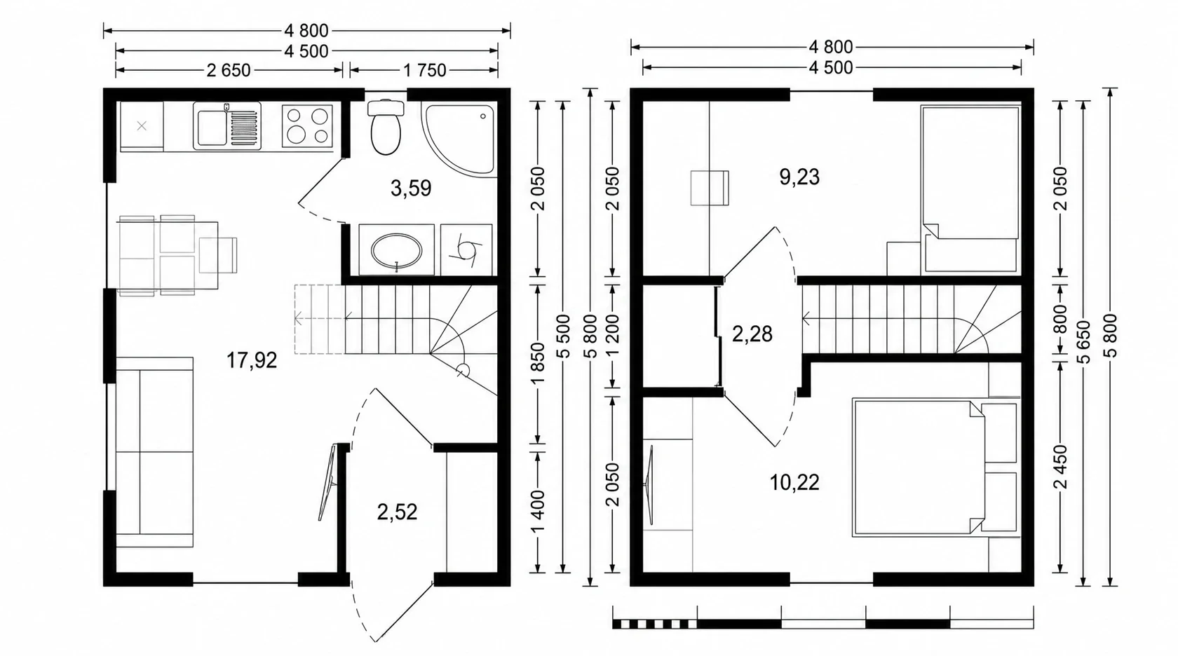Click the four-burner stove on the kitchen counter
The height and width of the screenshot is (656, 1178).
(307, 125)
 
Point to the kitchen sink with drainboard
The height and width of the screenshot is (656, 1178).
(227, 125)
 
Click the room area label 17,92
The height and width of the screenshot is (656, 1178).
(251, 360)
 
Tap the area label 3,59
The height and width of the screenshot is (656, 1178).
(411, 188)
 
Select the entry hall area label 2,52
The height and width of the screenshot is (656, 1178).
(397, 512)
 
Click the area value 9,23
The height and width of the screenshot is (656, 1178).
(799, 177)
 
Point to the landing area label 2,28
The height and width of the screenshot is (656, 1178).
(752, 334)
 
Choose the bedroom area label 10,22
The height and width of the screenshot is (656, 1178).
(794, 482)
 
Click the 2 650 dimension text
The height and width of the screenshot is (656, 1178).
(229, 70)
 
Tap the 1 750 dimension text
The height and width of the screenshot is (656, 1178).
(424, 70)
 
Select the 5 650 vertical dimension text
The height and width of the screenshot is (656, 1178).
(1083, 342)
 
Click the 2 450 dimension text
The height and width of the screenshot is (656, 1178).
(1061, 467)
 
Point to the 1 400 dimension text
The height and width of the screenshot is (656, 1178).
(537, 512)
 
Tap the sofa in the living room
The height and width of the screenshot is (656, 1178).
(154, 453)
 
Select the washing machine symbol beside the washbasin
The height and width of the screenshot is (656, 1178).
(466, 250)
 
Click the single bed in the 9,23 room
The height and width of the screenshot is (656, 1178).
(970, 189)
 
